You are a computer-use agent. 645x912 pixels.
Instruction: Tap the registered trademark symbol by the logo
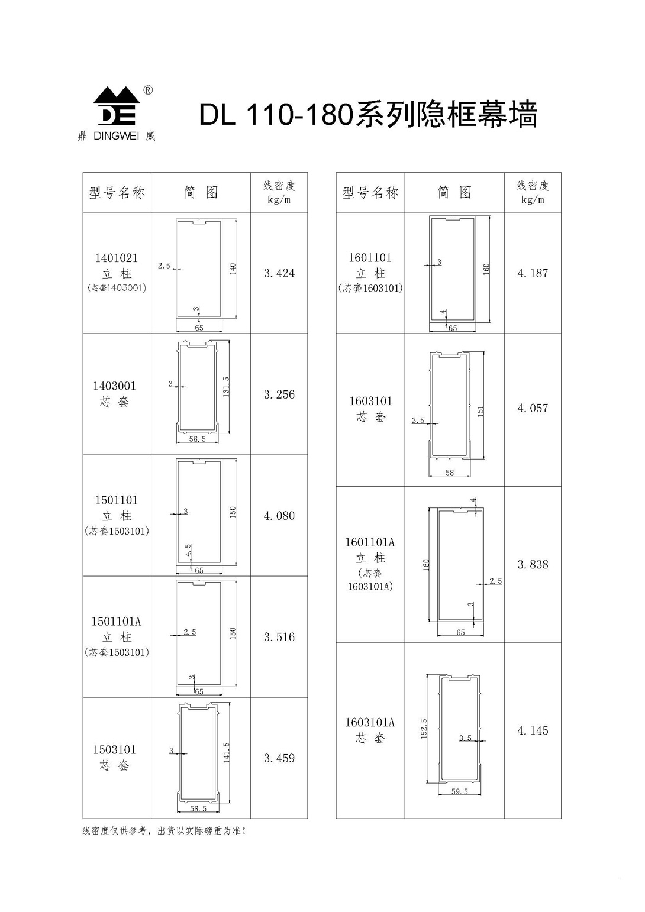pos(149,90)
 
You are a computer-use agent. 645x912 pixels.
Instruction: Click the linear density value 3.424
pos(279,273)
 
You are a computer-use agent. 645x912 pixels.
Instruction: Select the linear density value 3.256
pos(279,394)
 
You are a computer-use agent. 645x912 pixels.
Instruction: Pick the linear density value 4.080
pos(279,516)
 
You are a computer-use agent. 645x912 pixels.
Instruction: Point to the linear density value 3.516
pos(279,637)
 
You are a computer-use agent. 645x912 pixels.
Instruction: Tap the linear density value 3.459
pos(279,758)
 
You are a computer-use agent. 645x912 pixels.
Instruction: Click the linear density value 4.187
pos(533,273)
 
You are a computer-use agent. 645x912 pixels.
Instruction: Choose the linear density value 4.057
pos(533,408)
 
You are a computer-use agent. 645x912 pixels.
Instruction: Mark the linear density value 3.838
pos(533,564)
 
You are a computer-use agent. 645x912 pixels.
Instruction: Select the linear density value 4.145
pos(533,730)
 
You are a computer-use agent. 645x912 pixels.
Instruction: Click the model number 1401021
pos(117,258)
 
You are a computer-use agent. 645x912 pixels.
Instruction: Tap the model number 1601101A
pos(370,542)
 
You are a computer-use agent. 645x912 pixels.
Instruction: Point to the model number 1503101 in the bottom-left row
pos(114,749)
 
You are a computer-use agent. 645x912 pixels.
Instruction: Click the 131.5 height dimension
pos(226,387)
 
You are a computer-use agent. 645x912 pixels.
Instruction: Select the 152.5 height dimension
pos(423,729)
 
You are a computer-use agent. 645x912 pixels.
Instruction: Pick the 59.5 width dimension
pos(460,791)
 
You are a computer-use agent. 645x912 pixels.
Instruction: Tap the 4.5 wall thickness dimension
pos(188,550)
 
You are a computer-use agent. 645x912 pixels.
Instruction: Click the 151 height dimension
pos(480,411)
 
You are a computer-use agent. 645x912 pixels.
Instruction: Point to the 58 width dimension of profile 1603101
pos(449,473)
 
